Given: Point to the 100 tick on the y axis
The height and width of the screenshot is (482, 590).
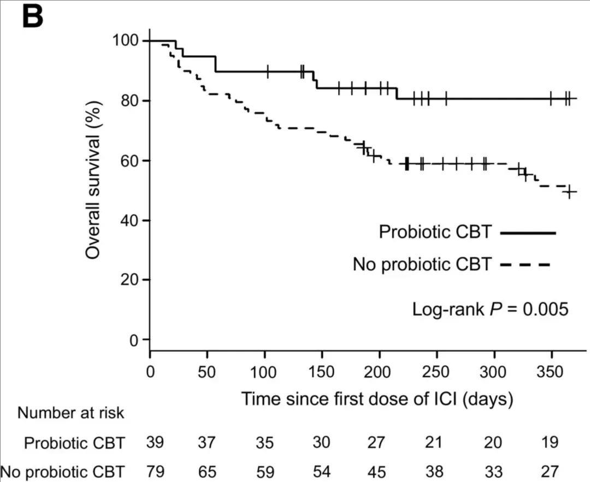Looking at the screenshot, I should pyautogui.click(x=125, y=41).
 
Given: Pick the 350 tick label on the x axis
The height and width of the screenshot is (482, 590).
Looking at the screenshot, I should pyautogui.click(x=551, y=372).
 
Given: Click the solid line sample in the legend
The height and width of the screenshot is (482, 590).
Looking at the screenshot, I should pyautogui.click(x=528, y=233).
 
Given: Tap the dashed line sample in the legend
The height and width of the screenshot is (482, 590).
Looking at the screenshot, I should pyautogui.click(x=524, y=265).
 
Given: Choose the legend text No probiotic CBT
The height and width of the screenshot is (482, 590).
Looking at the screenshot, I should pyautogui.click(x=423, y=265).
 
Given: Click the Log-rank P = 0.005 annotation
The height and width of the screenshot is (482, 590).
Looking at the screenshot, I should pyautogui.click(x=491, y=309).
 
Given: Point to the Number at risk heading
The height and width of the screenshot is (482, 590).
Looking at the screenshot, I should pyautogui.click(x=71, y=413).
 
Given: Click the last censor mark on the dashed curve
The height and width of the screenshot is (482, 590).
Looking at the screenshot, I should pyautogui.click(x=569, y=192).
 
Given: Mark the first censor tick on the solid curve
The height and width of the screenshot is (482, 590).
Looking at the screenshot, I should pyautogui.click(x=267, y=71).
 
